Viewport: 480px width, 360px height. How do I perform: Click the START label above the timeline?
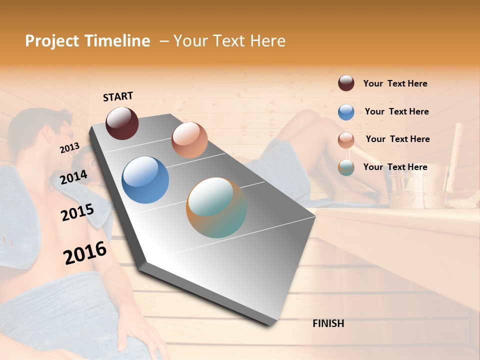coord(118,96)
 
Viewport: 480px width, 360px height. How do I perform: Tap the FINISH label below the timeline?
coord(328,323)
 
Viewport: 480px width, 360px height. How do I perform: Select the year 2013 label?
coord(69,148)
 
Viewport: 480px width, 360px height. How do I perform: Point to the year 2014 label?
coord(73,177)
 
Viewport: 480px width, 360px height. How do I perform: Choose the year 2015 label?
coord(77,213)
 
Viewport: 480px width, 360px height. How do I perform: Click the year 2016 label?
coord(85,252)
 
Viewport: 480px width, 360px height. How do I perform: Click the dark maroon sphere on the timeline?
coord(122,123)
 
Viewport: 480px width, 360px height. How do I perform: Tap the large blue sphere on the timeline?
coord(145,180)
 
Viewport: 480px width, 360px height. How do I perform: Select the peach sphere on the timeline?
coord(189,140)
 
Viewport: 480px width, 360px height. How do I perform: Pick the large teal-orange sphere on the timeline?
coord(216,207)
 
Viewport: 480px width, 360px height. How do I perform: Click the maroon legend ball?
coord(346,83)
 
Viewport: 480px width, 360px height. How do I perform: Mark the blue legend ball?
coord(346,112)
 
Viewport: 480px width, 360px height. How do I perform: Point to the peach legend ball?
coord(346,140)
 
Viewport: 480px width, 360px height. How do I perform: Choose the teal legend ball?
coord(346,167)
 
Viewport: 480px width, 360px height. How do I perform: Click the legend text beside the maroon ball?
coord(395,83)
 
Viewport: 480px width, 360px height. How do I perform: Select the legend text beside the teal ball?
coord(395,167)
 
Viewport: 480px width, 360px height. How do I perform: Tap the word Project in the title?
coord(52,41)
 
